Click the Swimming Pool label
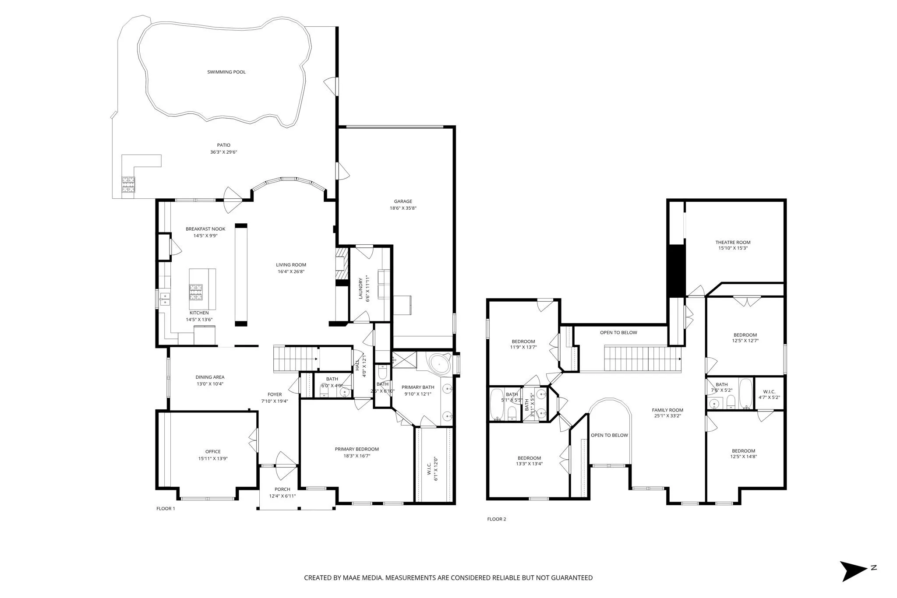(226, 72)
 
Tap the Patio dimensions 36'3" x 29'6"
(223, 152)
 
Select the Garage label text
(403, 201)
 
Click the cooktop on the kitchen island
(196, 291)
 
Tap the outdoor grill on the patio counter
(128, 184)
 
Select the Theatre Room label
(733, 242)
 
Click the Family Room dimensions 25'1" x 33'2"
(667, 416)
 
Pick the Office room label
(213, 451)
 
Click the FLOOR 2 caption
(496, 519)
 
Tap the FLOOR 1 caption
(166, 509)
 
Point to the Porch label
(283, 489)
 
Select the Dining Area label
(210, 377)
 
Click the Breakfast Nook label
(205, 229)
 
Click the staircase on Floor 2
(643, 358)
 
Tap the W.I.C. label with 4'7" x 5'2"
(769, 392)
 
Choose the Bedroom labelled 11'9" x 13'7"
(523, 341)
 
